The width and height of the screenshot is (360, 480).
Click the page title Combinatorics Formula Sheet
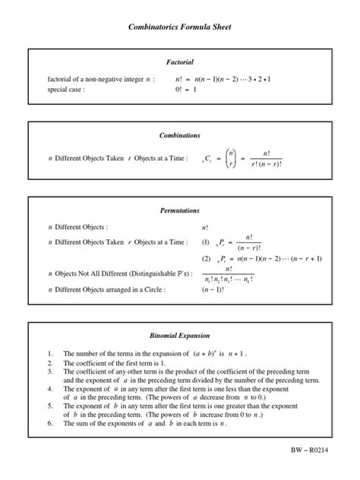tap(180, 27)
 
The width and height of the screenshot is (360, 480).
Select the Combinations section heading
tap(180, 135)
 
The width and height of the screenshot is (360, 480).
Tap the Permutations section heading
tap(180, 210)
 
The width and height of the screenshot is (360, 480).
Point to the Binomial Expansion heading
tap(180, 335)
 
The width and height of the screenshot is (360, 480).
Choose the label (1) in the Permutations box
tap(205, 242)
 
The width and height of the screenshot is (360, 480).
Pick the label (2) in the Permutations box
tap(205, 258)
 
